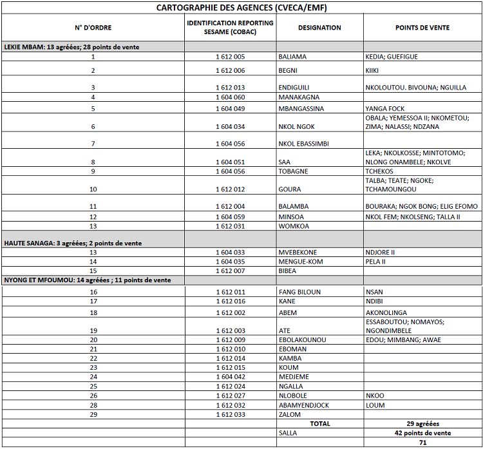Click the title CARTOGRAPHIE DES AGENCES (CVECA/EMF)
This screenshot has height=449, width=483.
[241, 8]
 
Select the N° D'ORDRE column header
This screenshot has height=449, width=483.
[93, 28]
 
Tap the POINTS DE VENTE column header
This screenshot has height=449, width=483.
[422, 28]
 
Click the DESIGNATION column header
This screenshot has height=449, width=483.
[319, 28]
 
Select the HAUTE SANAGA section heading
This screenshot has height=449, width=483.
[73, 243]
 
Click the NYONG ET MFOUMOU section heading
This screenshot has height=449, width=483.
[88, 280]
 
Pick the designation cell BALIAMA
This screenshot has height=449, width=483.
[292, 57]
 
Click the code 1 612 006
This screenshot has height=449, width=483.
[230, 70]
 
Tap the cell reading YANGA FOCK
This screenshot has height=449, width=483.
[385, 109]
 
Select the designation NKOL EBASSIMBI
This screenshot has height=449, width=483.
[303, 144]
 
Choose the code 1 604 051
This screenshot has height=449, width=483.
[230, 162]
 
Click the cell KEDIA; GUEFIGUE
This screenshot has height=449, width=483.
[392, 57]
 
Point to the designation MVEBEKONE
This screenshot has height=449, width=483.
[298, 253]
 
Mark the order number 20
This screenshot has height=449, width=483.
[93, 339]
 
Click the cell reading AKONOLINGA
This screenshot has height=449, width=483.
[386, 312]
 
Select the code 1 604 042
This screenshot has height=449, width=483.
[230, 377]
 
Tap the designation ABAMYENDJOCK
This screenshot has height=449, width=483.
[305, 405]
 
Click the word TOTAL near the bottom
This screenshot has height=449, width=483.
[319, 424]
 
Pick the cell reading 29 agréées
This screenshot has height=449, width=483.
[422, 424]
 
